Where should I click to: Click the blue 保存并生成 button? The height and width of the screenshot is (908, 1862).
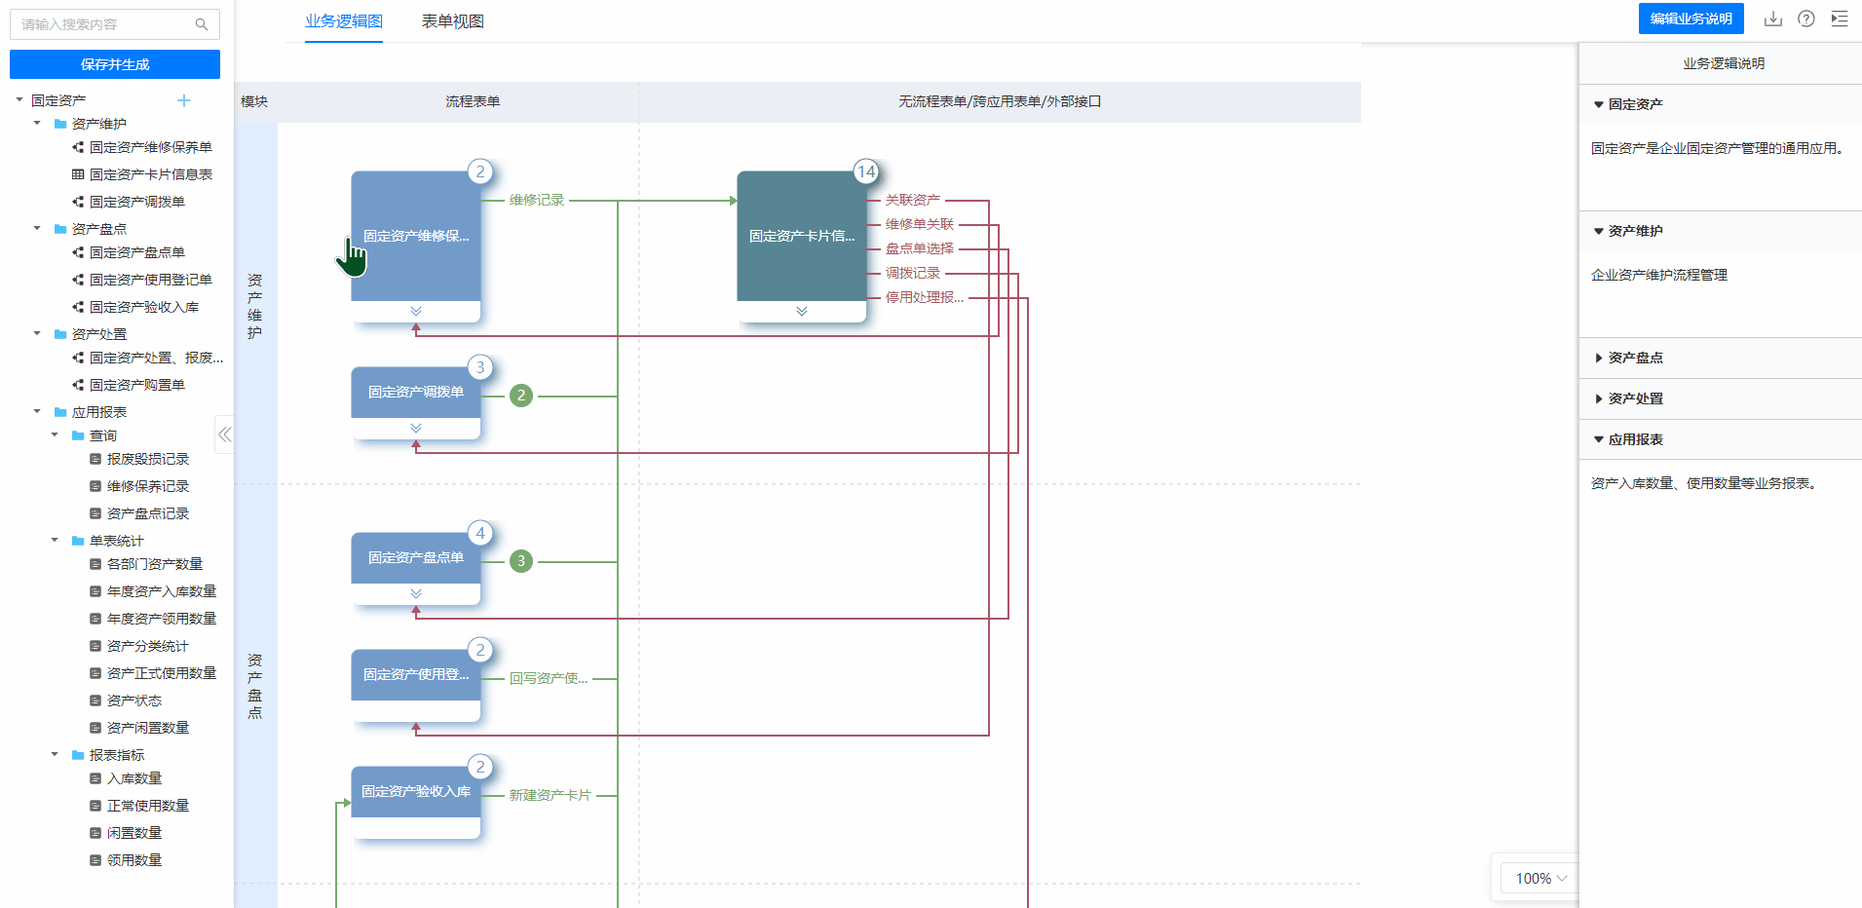115,64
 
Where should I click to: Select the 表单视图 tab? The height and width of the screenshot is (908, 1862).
452,21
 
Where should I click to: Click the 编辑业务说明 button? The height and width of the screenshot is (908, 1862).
1691,19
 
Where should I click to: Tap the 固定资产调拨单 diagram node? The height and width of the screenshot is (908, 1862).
416,402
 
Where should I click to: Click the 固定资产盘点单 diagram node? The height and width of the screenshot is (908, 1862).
416,568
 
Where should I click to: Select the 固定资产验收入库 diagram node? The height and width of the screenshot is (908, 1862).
416,802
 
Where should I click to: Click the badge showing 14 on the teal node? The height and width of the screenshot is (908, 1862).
866,171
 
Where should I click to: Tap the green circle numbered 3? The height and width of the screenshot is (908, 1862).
521,561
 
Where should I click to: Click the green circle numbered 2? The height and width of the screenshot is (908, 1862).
521,396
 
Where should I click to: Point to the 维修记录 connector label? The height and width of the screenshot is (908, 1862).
537,200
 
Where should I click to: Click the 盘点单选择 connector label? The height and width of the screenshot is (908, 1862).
920,248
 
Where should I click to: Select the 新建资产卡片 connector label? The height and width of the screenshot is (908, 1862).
550,795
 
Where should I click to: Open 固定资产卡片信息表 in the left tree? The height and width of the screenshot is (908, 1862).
151,174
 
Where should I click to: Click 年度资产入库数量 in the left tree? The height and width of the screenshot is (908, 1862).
162,591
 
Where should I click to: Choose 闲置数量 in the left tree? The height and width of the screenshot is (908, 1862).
134,833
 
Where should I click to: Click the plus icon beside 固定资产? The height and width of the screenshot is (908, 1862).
184,100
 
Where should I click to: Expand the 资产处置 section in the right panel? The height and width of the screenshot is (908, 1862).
1636,398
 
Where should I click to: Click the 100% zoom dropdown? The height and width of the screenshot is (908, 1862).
1540,878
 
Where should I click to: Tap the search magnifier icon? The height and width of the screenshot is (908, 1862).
202,24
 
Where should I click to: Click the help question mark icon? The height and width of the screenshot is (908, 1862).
1806,19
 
